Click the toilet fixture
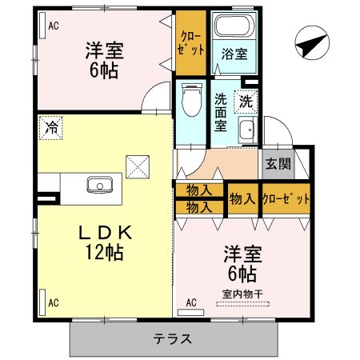coord(190,102)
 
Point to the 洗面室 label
coord(222,113)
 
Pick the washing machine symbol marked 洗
coord(246,102)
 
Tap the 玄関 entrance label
coord(278,166)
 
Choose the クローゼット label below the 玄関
coord(286,198)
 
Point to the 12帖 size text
coord(102,254)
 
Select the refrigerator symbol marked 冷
coord(51,126)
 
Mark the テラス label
coord(173,338)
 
